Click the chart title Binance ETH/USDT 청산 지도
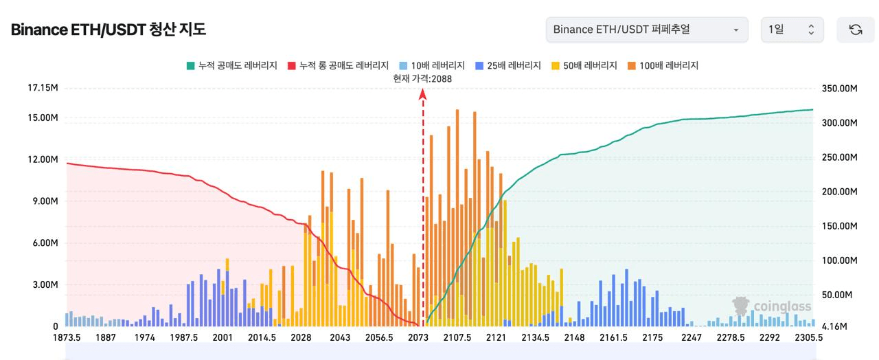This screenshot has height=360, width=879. [x=109, y=30]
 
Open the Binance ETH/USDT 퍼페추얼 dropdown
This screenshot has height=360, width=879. [x=647, y=30]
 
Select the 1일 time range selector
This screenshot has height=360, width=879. [x=791, y=30]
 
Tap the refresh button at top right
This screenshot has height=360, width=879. [x=855, y=30]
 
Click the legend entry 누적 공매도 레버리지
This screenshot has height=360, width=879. [x=231, y=66]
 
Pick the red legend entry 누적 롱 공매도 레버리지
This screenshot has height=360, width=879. [x=339, y=66]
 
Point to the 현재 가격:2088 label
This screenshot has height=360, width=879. [x=422, y=78]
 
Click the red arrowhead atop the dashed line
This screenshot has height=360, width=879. [x=423, y=94]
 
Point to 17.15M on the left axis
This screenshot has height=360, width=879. [x=43, y=88]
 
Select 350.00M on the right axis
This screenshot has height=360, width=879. [x=839, y=89]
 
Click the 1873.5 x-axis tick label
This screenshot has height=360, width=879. [x=67, y=337]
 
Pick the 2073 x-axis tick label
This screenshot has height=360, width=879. [x=418, y=337]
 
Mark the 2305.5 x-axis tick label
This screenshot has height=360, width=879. [x=809, y=337]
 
